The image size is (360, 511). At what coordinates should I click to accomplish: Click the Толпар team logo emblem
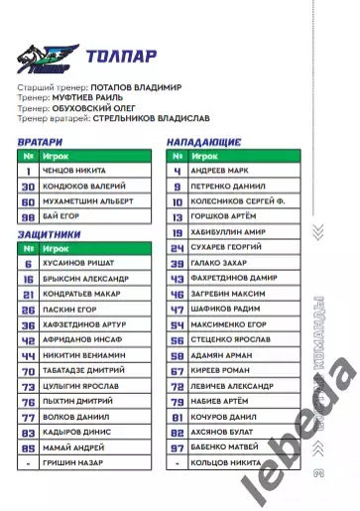pos(45,57)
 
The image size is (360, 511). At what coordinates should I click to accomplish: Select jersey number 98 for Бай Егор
pos(28,215)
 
